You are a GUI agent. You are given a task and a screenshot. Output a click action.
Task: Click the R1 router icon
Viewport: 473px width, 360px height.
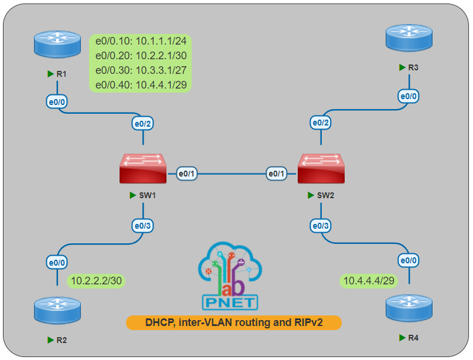coord(57,45)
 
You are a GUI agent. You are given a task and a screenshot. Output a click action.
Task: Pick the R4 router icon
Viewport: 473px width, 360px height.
coord(410,308)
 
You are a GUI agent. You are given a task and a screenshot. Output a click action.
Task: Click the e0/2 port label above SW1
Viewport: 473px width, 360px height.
coord(144,123)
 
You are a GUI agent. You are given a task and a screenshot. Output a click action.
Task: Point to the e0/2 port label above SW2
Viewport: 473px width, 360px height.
coord(321,123)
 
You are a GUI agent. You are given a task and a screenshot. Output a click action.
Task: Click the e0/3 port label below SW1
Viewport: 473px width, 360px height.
coord(144,226)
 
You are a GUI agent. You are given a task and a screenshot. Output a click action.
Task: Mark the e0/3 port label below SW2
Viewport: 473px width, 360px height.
coord(321,226)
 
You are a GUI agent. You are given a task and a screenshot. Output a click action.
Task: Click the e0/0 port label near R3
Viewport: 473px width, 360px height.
coord(409,96)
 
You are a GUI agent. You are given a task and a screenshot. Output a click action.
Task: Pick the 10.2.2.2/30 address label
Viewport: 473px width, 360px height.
coord(96,281)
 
